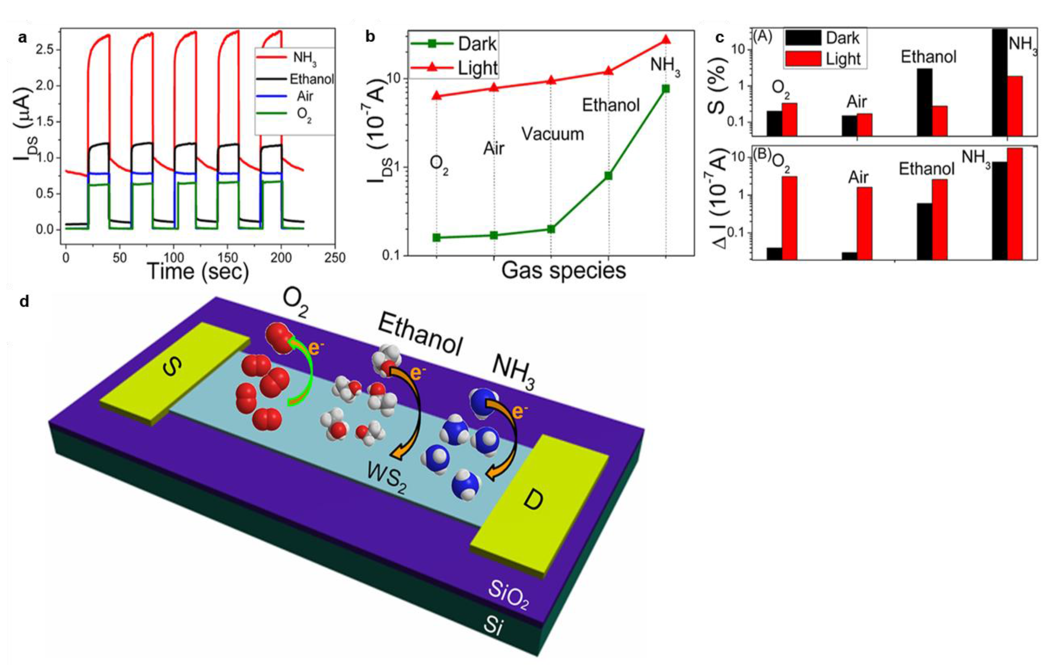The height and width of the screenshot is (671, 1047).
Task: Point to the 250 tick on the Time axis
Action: coord(335,258)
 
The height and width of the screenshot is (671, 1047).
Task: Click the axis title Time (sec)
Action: coord(198,271)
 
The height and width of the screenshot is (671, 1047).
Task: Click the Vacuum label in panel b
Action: coord(552,134)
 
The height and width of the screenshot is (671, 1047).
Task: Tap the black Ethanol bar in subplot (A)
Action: coord(925,102)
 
